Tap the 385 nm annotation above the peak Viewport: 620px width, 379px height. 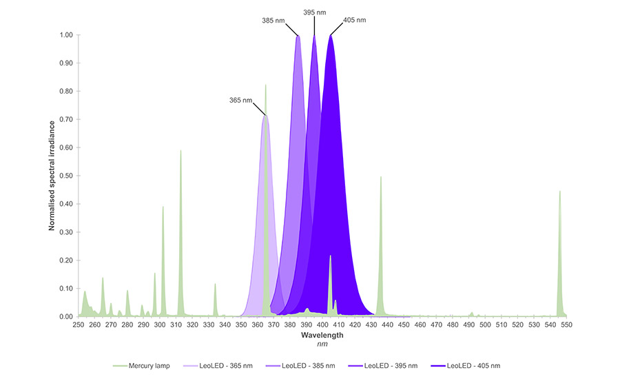coord(273,20)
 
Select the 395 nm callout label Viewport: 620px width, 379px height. coord(315,12)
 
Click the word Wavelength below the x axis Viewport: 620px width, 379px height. coord(322,336)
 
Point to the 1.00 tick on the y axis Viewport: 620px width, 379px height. coord(67,35)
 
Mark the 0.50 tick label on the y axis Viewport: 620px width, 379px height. coord(67,176)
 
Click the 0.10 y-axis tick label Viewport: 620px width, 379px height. coord(67,288)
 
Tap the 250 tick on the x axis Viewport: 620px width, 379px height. coord(79,324)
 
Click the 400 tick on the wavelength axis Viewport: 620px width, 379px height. coord(322,324)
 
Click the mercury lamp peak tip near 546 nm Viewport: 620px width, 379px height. coord(559,192)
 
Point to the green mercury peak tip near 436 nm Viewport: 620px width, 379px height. coord(380,177)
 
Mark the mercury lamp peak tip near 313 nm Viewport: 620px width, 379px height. coord(181,151)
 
